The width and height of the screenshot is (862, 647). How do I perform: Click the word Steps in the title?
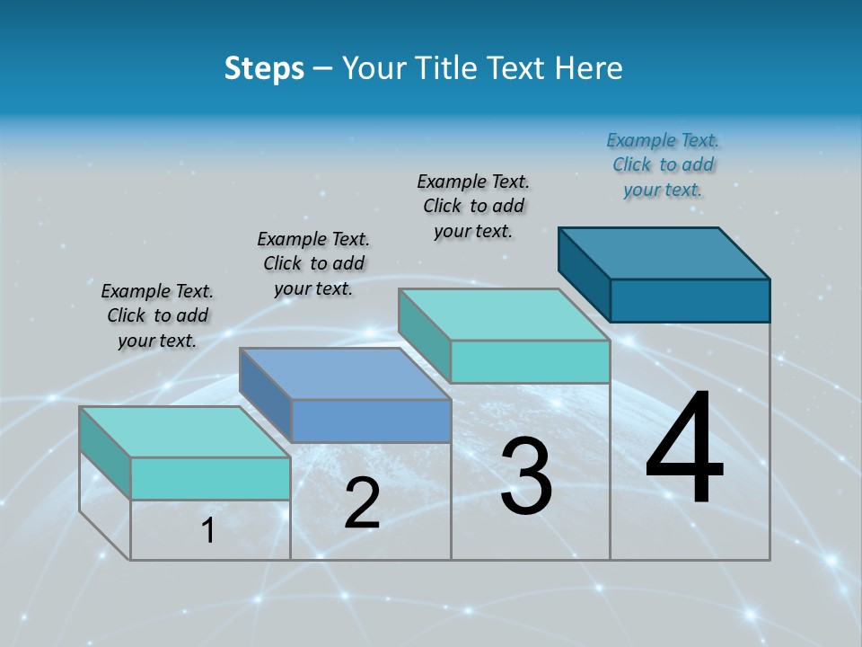[x=264, y=68]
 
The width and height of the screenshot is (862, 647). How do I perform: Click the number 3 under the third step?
[x=526, y=477]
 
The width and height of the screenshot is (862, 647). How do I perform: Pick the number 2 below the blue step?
[x=362, y=504]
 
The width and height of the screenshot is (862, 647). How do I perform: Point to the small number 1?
[x=208, y=531]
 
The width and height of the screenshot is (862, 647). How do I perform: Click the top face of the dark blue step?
[x=664, y=253]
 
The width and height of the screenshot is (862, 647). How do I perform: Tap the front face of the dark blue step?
[x=690, y=300]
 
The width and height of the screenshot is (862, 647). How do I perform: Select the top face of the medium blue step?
[x=346, y=373]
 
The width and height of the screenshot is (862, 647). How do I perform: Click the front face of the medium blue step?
[x=371, y=421]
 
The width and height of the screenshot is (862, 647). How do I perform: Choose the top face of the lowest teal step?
[x=185, y=432]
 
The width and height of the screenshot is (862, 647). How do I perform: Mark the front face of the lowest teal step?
[x=210, y=478]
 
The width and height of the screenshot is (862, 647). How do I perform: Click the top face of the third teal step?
[x=504, y=315]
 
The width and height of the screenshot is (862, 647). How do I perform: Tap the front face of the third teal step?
[x=530, y=361]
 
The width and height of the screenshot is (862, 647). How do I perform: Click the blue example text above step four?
[x=663, y=164]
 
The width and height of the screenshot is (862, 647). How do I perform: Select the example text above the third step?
[x=473, y=206]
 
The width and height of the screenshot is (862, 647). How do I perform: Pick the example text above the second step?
[x=313, y=263]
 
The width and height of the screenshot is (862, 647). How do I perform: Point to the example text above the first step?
[x=157, y=315]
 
